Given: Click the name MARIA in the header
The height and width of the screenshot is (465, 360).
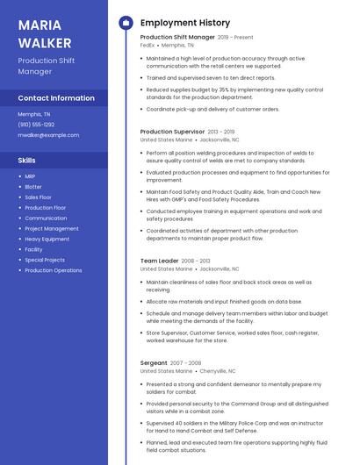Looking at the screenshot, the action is pos(40,24).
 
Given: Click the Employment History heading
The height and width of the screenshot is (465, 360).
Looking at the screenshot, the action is pos(185,23).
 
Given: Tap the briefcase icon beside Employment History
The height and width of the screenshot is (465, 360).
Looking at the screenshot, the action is pos(125,23).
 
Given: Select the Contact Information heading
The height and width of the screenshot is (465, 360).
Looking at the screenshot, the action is pos(56,98).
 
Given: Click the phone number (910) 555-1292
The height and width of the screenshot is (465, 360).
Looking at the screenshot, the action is pos(36,125).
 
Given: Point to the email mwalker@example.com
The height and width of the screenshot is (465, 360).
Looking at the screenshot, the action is pos(48,135).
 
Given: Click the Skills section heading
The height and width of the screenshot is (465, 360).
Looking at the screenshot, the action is pos(26,161).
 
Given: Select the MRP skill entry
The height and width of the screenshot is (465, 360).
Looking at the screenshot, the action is pos(31,176).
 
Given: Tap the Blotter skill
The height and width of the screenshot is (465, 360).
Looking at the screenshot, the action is pos(33,187).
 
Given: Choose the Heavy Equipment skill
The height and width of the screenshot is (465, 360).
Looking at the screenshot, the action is pos(47,239).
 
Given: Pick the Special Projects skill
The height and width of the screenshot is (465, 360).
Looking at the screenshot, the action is pos(45,260).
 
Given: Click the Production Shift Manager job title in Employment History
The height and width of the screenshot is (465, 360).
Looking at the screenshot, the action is pos(177,38).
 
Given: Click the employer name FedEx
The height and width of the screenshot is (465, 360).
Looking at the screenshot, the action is pos(148,46).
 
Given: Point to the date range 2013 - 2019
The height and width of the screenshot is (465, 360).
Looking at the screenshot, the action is pos(221,132).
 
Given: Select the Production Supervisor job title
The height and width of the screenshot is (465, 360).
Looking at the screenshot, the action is pos(172,132).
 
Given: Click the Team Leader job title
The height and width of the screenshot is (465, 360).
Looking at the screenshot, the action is pos(159,261).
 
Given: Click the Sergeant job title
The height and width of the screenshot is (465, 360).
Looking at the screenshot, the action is pos(154,362).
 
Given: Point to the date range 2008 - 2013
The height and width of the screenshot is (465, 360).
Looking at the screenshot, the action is pos(196,261).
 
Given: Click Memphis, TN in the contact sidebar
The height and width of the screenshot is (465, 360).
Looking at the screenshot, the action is pos(34,114).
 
